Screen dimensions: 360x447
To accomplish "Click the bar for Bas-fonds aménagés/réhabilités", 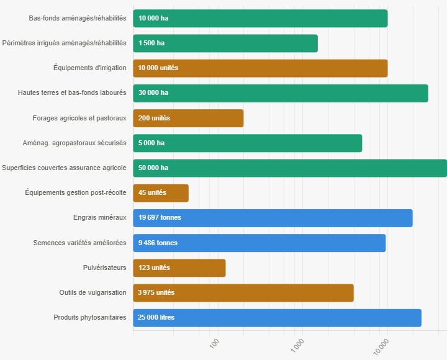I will pyautogui.click(x=260, y=19).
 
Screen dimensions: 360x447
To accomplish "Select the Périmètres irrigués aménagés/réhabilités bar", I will pyautogui.click(x=225, y=43).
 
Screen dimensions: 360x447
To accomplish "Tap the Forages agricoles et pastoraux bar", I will pyautogui.click(x=188, y=118).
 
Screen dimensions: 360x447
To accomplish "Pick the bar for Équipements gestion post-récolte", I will pyautogui.click(x=161, y=193).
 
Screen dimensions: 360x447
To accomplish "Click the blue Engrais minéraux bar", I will pyautogui.click(x=273, y=218).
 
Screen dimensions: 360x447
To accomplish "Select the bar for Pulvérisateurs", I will pyautogui.click(x=179, y=268).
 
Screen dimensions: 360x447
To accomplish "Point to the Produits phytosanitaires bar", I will pyautogui.click(x=277, y=317).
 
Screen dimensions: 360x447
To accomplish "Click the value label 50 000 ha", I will pyautogui.click(x=153, y=168).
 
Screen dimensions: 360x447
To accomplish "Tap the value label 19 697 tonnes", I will pyautogui.click(x=160, y=218).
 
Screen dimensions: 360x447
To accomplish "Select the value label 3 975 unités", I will pyautogui.click(x=156, y=292).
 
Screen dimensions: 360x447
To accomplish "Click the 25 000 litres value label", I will pyautogui.click(x=156, y=317).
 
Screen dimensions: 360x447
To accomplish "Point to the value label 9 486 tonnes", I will pyautogui.click(x=158, y=243).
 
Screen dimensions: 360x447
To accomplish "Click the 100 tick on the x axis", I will pyautogui.click(x=215, y=343).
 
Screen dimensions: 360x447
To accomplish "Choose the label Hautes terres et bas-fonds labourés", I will pyautogui.click(x=72, y=92).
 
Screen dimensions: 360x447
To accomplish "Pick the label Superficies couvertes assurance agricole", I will pyautogui.click(x=64, y=168).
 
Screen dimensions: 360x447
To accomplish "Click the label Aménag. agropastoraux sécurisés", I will pyautogui.click(x=74, y=143).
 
